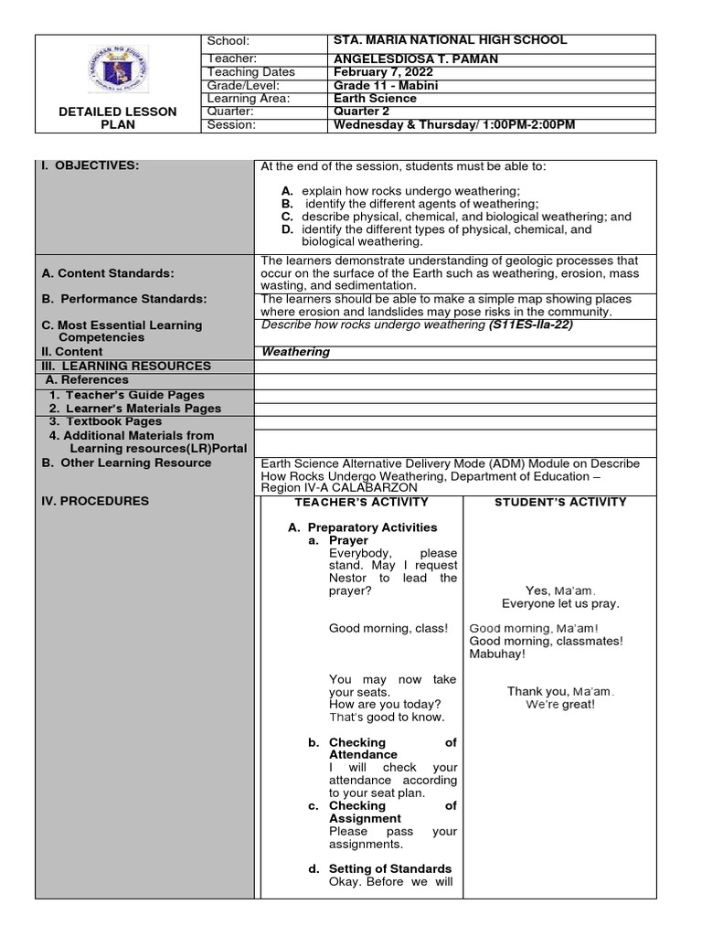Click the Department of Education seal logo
click(x=117, y=69)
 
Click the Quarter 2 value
click(x=361, y=112)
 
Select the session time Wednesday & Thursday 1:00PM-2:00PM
click(x=454, y=124)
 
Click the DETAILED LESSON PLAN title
click(x=118, y=118)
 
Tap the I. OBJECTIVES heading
click(x=90, y=165)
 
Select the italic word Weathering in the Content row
click(x=295, y=352)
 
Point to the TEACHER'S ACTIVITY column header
click(x=361, y=502)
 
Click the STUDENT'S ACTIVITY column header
click(x=560, y=502)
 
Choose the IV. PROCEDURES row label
click(x=95, y=501)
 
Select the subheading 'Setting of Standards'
click(x=390, y=868)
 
